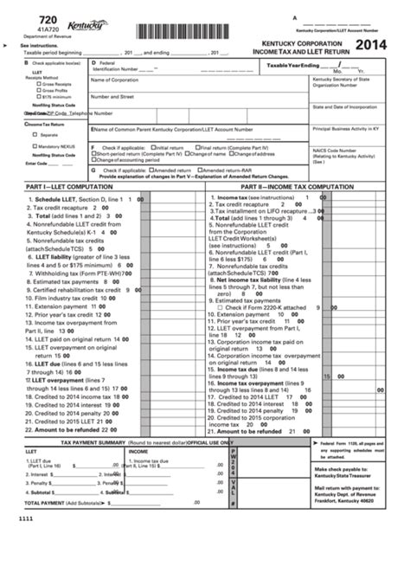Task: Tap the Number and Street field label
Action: pyautogui.click(x=112, y=97)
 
